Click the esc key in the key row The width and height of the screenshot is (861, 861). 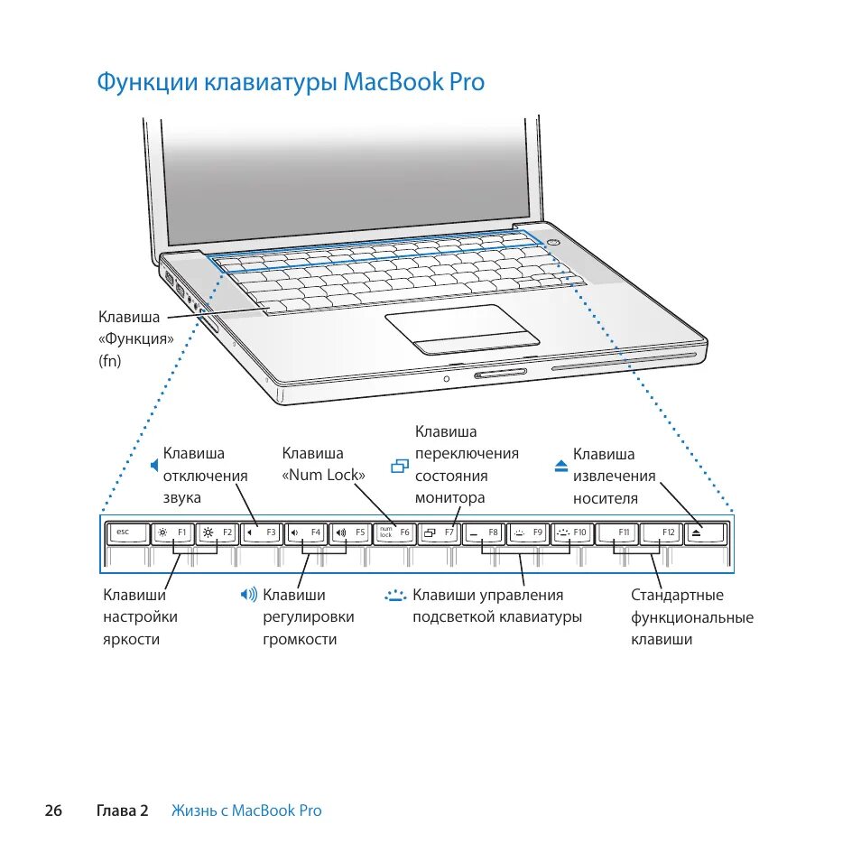(x=127, y=532)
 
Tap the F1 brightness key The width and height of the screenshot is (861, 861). (x=171, y=532)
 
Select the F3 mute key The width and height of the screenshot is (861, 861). (x=263, y=532)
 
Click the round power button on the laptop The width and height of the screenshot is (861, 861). (x=553, y=242)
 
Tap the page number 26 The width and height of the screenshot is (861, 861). (x=53, y=810)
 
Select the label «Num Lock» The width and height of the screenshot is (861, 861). (x=324, y=476)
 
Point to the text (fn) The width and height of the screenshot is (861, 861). (x=109, y=360)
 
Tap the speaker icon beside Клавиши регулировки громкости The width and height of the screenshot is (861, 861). (x=249, y=595)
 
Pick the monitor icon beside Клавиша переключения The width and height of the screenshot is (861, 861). (x=401, y=466)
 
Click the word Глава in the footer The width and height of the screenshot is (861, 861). (x=116, y=810)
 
